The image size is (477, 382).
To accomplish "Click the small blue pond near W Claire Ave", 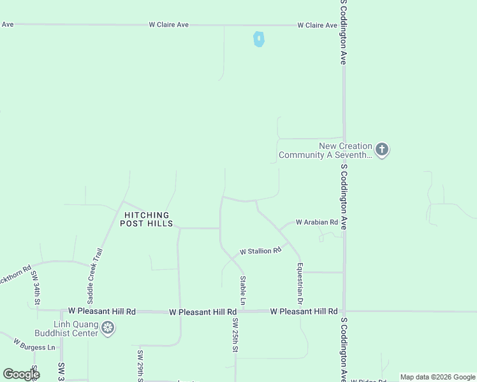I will coord(258,39).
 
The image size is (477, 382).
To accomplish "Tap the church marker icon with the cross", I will coord(382,150).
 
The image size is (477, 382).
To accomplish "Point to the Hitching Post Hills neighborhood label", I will coord(147,220).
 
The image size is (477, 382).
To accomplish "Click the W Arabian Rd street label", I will coord(316,222).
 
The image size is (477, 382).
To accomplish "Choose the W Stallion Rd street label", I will coord(260,251).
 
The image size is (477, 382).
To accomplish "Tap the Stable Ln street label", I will coord(243,289).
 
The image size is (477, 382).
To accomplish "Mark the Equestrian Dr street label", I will coord(300,283).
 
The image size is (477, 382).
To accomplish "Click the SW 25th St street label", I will coord(235,335).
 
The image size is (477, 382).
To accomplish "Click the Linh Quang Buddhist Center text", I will coord(75,329).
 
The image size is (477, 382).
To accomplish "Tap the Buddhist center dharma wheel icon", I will coord(108,329).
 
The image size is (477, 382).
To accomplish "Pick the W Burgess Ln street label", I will coord(34,347).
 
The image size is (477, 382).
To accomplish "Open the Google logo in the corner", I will coord(21,374).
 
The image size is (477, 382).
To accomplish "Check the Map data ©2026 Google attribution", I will coord(437,378).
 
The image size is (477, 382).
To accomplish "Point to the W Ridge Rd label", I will coord(367,380).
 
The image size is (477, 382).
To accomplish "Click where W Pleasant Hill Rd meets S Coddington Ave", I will coord(344,311).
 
